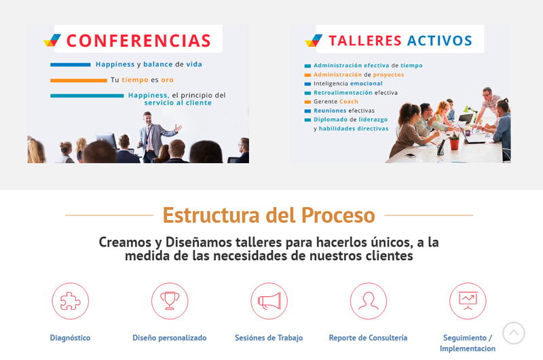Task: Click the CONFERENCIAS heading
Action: coord(138,41)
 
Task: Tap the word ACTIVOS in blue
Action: coord(439,41)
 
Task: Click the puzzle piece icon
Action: coord(71,301)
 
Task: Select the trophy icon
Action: coord(170,301)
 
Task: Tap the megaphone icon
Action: coord(269,301)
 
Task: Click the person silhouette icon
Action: coord(369,301)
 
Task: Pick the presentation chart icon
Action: coord(468,301)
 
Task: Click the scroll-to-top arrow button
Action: coord(514,333)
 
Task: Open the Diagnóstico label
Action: coord(71,338)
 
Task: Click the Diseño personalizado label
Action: coord(170,338)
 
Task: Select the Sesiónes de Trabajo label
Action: coord(269,338)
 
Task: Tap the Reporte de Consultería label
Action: coord(369,338)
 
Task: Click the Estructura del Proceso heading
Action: coord(269,215)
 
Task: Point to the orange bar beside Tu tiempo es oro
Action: coord(79,80)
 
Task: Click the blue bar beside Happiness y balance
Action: coord(71,65)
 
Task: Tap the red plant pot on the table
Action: coord(454,143)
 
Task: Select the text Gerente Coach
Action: coord(336,101)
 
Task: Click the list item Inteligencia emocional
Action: coord(348,84)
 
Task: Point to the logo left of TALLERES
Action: coord(314,41)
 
